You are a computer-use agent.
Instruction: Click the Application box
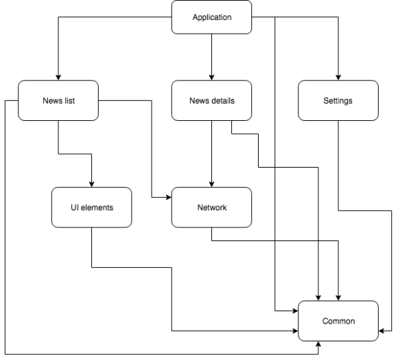(211, 17)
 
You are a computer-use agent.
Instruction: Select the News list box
(58, 100)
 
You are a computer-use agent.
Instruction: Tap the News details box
(211, 100)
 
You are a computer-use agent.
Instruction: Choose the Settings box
(338, 100)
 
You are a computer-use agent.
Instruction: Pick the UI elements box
(92, 207)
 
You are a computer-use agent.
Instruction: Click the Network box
(211, 207)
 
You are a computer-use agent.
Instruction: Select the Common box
(338, 321)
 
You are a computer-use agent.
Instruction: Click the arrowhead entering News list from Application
(58, 78)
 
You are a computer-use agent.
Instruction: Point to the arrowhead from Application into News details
(211, 78)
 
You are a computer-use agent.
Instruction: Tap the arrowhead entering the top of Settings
(338, 78)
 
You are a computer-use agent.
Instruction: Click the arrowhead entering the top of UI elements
(92, 184)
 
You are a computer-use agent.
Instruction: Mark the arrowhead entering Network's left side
(169, 197)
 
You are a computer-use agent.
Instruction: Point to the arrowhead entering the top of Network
(211, 184)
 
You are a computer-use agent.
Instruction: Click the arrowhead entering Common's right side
(382, 330)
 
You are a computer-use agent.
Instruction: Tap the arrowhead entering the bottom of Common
(318, 344)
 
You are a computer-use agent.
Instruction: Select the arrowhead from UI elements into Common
(295, 330)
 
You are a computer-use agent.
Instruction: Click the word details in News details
(224, 100)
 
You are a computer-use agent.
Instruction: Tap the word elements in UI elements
(97, 207)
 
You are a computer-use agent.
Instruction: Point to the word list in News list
(69, 100)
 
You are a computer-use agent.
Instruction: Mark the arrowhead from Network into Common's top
(338, 297)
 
